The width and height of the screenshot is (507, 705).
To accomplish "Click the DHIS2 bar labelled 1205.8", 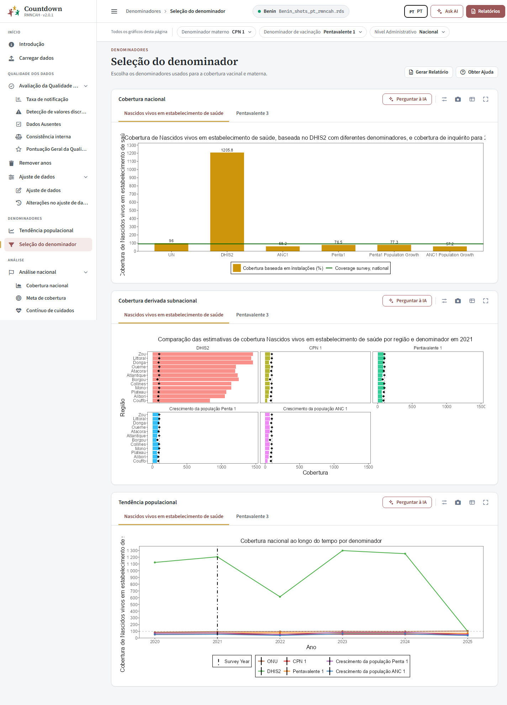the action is point(227,202).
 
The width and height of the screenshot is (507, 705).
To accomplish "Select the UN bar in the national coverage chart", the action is point(171,247).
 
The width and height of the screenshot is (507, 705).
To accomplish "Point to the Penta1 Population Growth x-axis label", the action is point(394,255).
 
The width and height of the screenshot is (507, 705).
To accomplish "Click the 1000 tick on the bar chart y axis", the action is point(132,170).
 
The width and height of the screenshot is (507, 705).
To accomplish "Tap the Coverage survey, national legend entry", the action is point(357,268).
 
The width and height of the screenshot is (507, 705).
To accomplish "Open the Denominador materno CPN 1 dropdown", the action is point(216,32).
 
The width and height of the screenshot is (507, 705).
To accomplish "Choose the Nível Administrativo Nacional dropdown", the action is point(410,32).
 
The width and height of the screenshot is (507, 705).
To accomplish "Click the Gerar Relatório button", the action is point(428,72).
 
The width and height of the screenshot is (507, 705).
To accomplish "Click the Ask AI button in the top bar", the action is point(447,11).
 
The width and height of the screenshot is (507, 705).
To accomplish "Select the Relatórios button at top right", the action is point(485,11).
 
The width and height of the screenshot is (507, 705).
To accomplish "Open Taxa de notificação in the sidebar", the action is point(47,100).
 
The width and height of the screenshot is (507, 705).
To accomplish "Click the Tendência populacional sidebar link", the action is point(46,231).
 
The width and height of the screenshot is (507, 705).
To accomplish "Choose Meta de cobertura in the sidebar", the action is point(46,298).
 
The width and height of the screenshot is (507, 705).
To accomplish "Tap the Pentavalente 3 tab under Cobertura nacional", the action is point(252,113).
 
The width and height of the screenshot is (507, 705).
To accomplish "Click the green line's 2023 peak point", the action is point(343,551).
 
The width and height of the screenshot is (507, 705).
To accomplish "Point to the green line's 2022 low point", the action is point(280,597).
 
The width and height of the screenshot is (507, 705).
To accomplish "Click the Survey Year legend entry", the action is point(232,662).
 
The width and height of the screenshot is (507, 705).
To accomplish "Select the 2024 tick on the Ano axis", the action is point(405,642).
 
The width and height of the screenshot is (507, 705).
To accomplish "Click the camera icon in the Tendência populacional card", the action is point(458,502).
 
